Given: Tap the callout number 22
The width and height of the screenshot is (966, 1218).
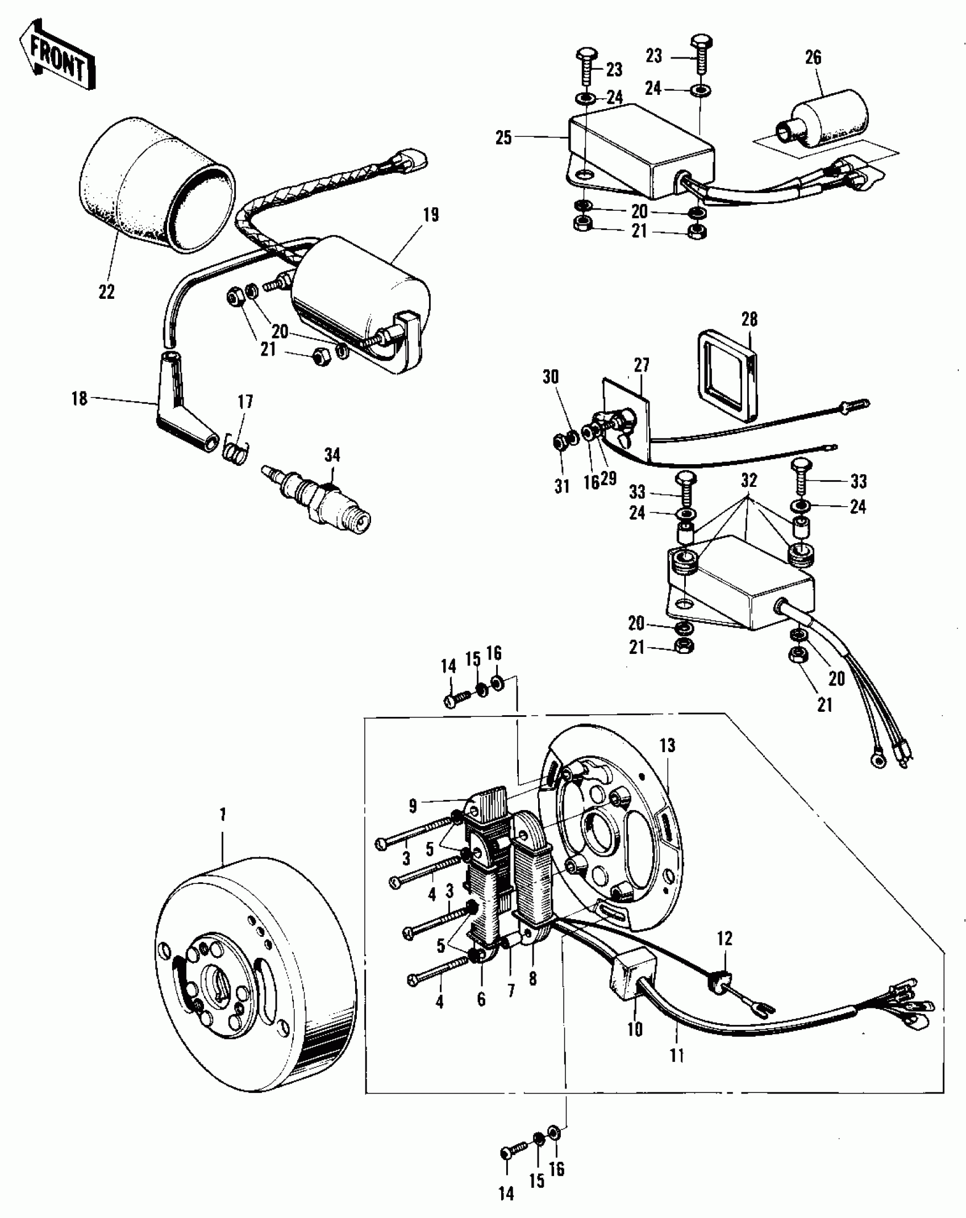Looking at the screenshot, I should [106, 292].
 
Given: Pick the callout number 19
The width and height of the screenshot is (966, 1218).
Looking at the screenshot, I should [431, 215].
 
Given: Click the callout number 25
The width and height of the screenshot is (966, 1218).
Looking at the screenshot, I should [503, 138].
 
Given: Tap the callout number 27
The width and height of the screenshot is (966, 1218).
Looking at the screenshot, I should [642, 365].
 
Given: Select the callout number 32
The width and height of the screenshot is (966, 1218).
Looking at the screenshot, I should [750, 481].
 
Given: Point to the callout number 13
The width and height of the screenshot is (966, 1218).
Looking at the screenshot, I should [667, 745].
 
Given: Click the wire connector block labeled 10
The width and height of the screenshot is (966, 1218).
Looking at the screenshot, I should [631, 973].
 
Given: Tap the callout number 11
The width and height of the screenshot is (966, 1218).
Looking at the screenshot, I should [677, 1056].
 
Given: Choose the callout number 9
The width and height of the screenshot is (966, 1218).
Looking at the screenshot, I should [413, 806].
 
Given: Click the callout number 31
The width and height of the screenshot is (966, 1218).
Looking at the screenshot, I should [562, 487].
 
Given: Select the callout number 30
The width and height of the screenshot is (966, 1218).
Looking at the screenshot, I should [551, 377].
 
